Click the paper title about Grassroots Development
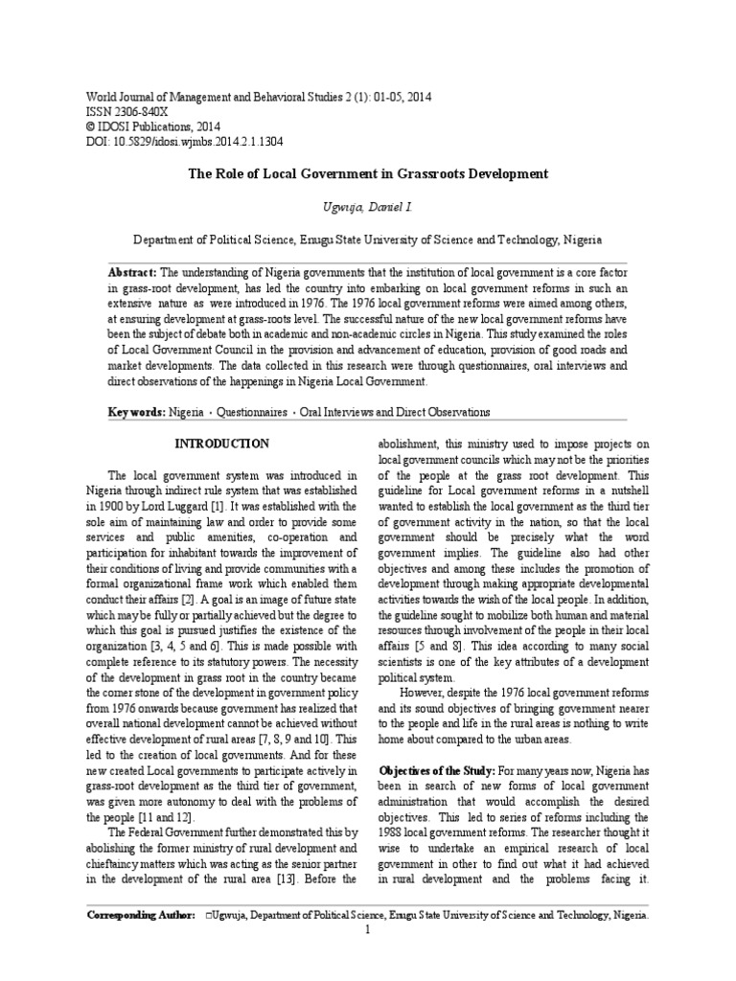[x=367, y=174]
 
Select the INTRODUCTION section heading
[x=220, y=445]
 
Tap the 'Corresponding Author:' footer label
[x=142, y=916]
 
